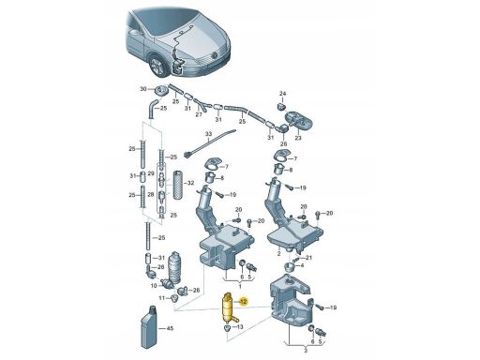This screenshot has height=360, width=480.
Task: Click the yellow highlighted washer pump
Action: pyautogui.click(x=229, y=308)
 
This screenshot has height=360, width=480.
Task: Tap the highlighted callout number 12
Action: pyautogui.click(x=244, y=302)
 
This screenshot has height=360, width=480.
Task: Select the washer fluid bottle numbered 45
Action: pyautogui.click(x=151, y=327)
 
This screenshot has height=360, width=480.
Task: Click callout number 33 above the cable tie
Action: pyautogui.click(x=208, y=134)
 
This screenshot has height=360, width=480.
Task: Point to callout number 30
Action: pyautogui.click(x=142, y=89)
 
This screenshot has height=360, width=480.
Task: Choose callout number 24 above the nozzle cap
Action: pyautogui.click(x=282, y=94)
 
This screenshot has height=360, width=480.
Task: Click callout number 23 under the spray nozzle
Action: pyautogui.click(x=298, y=138)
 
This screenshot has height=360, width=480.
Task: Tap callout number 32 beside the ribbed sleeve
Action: pyautogui.click(x=190, y=183)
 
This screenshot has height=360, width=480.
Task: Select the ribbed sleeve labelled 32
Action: pyautogui.click(x=178, y=185)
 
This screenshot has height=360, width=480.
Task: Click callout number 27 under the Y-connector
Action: pyautogui.click(x=199, y=114)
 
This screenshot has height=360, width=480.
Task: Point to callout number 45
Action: pyautogui.click(x=170, y=328)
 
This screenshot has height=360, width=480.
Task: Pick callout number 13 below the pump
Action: pyautogui.click(x=240, y=327)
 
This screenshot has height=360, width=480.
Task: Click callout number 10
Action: pyautogui.click(x=154, y=286)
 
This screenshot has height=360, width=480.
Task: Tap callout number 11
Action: pyautogui.click(x=161, y=298)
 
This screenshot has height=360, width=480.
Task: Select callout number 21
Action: pyautogui.click(x=308, y=258)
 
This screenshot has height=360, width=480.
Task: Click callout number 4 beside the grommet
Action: pyautogui.click(x=302, y=265)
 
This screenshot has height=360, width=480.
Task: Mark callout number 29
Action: pyautogui.click(x=151, y=173)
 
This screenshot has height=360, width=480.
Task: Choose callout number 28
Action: pyautogui.click(x=151, y=194)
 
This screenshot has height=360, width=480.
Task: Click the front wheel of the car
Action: pyautogui.click(x=157, y=66)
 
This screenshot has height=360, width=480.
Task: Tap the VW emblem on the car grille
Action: pyautogui.click(x=215, y=55)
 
